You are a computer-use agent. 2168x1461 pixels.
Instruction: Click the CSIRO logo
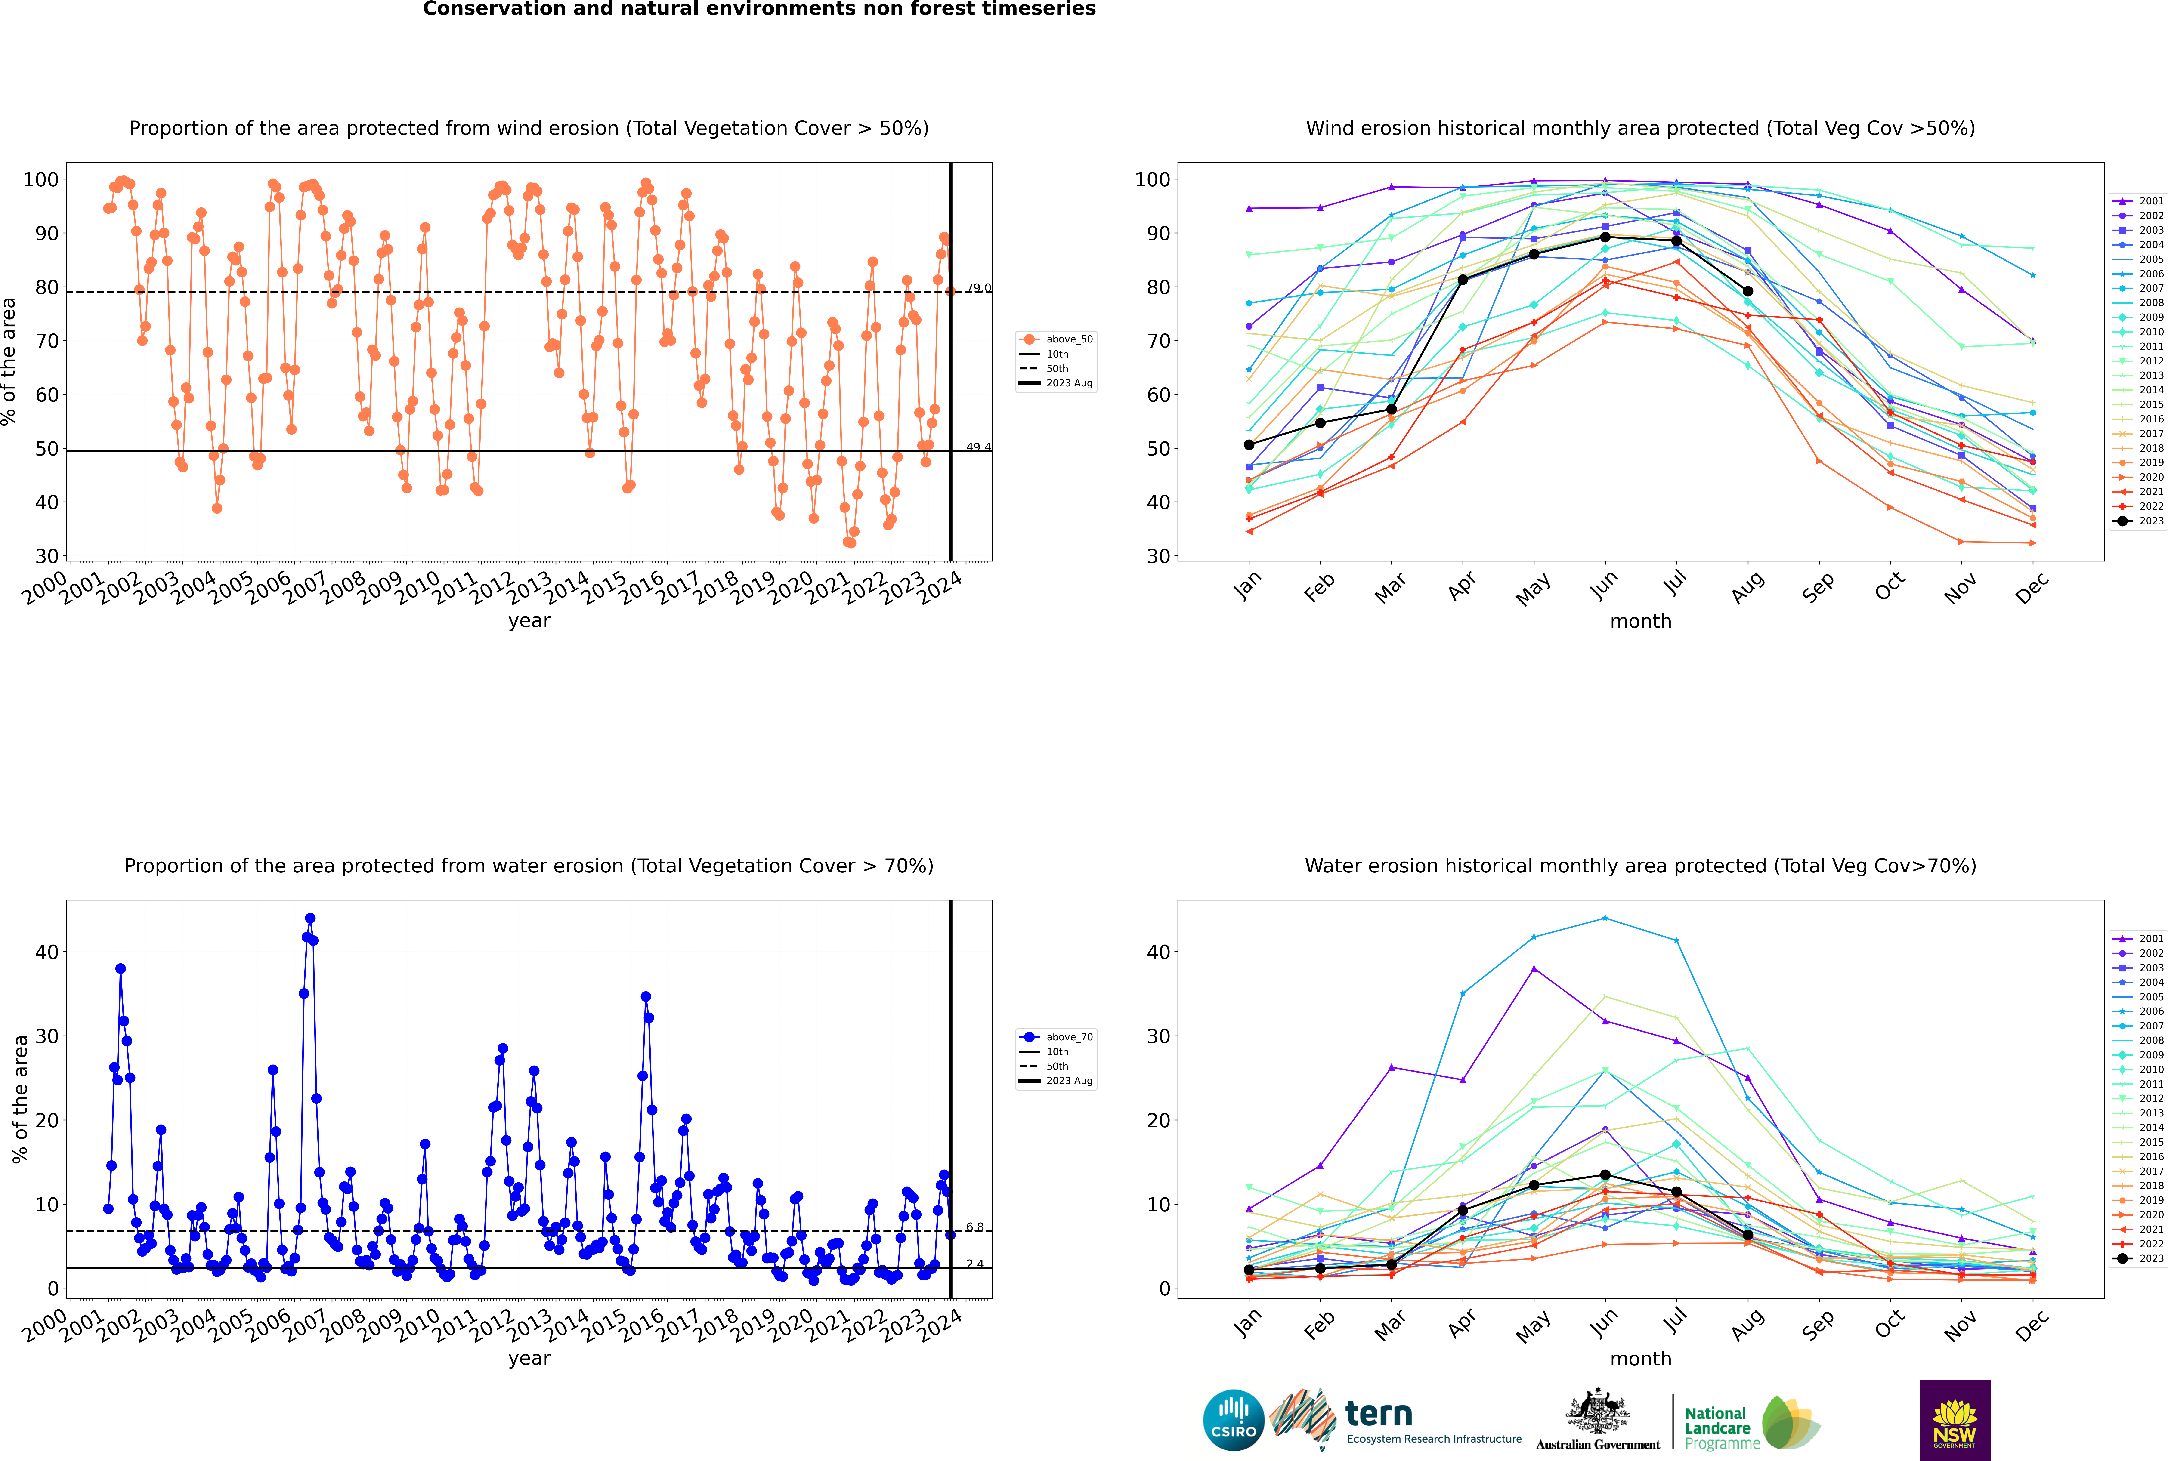coord(1233,1420)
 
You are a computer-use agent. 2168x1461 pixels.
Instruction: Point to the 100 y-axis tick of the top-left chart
coord(41,180)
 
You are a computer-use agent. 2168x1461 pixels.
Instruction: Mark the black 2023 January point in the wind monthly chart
coord(1249,444)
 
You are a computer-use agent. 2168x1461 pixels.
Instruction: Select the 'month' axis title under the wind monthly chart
coord(1640,622)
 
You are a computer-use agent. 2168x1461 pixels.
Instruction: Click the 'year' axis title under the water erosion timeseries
coord(529,1359)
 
